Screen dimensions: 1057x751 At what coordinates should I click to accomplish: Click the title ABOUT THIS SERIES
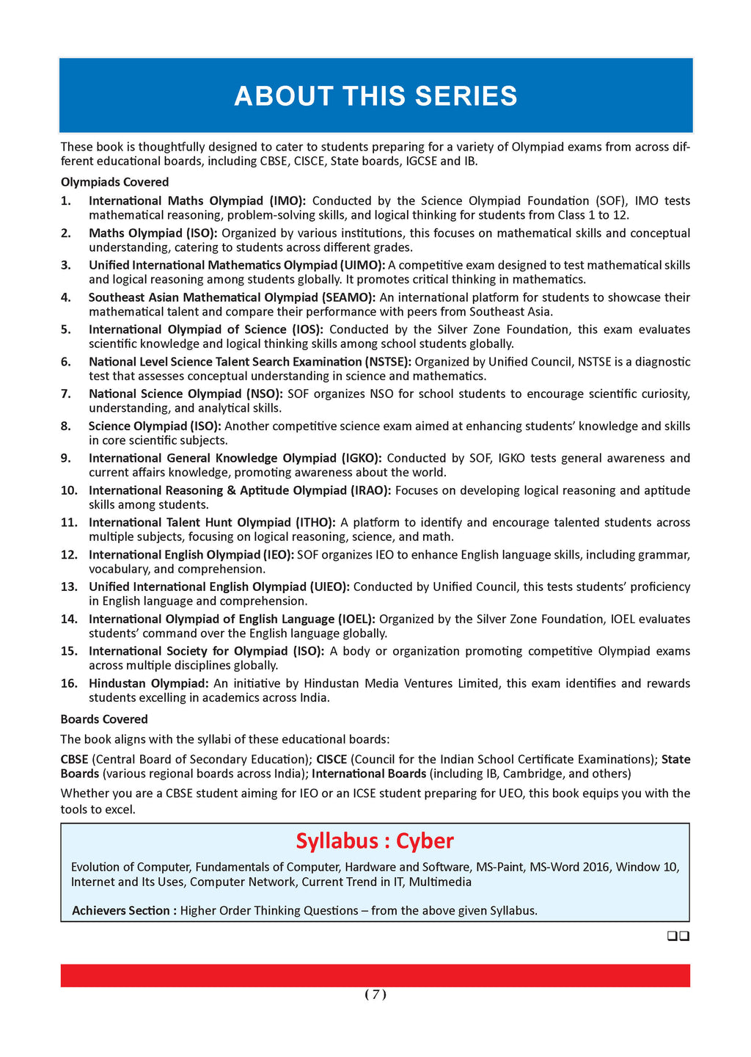pos(375,97)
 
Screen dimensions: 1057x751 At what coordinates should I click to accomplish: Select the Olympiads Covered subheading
pos(114,182)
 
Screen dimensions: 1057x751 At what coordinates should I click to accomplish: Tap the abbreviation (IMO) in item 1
pos(287,200)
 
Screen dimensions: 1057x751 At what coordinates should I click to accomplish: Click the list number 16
pos(69,683)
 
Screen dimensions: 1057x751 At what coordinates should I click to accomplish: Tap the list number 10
pos(69,490)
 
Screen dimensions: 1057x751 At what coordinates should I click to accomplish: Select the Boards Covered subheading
pos(104,719)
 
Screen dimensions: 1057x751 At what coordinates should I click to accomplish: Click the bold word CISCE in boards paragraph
pos(331,759)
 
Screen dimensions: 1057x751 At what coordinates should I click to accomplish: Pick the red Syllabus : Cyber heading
pos(375,840)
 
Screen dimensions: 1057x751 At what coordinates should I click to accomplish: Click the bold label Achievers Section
pos(124,911)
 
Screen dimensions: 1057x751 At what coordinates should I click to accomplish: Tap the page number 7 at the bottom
pos(375,995)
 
